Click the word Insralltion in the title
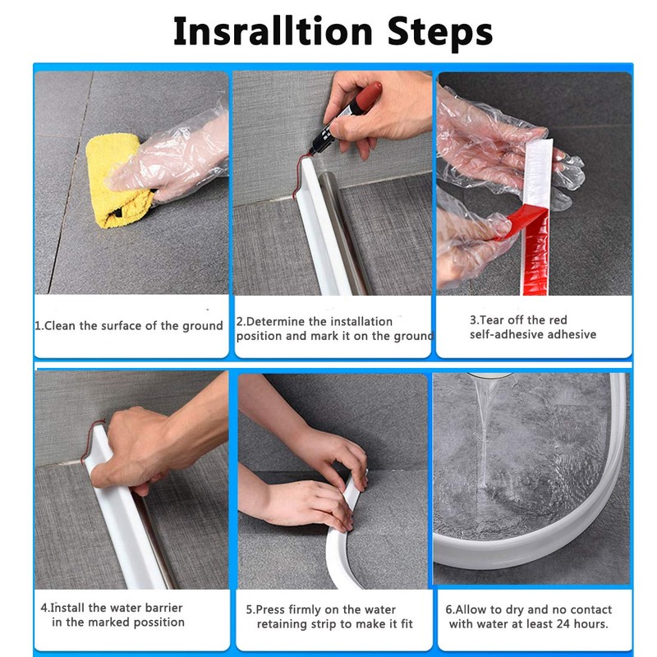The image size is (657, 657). (273, 31)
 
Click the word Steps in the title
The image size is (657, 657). (439, 32)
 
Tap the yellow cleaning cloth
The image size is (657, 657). (117, 180)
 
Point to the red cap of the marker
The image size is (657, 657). (368, 94)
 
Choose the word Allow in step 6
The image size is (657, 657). (471, 609)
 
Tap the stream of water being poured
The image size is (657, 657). (484, 436)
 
